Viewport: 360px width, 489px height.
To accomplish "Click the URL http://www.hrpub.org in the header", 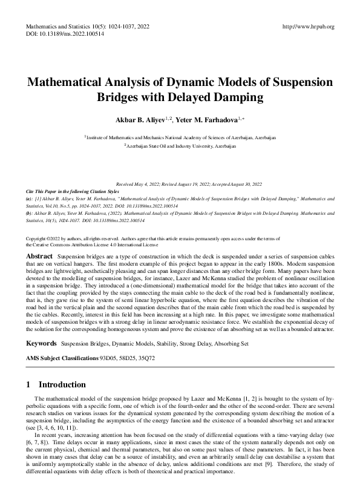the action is point(309,27).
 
